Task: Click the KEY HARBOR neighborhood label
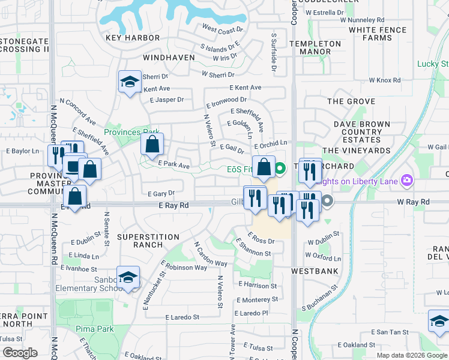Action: [x=133, y=38]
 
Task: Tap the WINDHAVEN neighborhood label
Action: [x=169, y=58]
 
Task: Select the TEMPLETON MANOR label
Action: [x=315, y=48]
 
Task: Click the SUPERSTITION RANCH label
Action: [x=148, y=242]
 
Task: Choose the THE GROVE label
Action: [x=351, y=102]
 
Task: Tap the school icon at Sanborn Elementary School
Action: [x=128, y=278]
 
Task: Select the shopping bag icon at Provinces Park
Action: [x=152, y=144]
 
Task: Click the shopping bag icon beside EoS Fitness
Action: [x=264, y=167]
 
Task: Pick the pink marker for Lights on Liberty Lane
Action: [x=408, y=180]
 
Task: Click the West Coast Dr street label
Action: [x=223, y=29]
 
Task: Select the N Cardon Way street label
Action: [x=210, y=255]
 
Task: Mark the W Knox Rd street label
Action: [x=384, y=80]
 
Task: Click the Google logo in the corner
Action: [x=20, y=353]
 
